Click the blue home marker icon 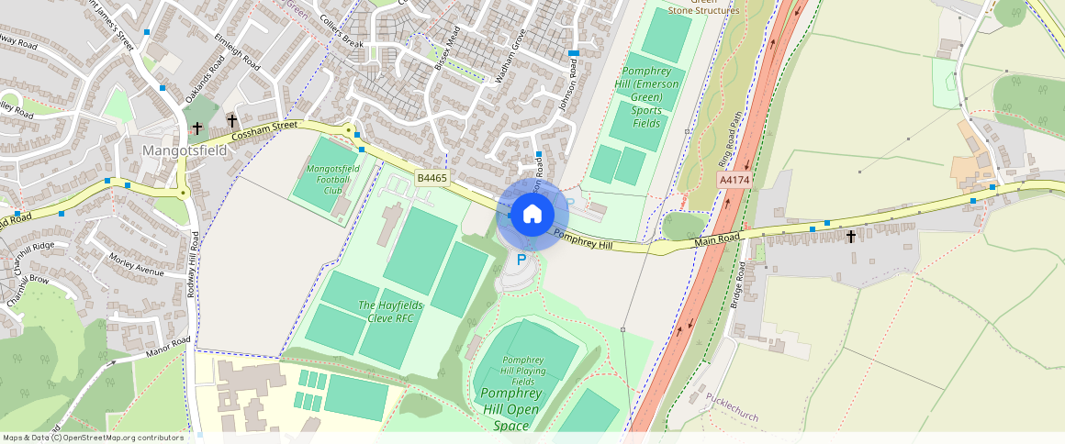click(532, 215)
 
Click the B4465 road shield click(431, 178)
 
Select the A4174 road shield click(734, 181)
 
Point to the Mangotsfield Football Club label click(331, 180)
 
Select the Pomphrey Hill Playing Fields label click(523, 370)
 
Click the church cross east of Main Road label click(851, 237)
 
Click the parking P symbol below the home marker click(521, 260)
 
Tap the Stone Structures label click(703, 11)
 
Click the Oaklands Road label click(203, 79)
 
